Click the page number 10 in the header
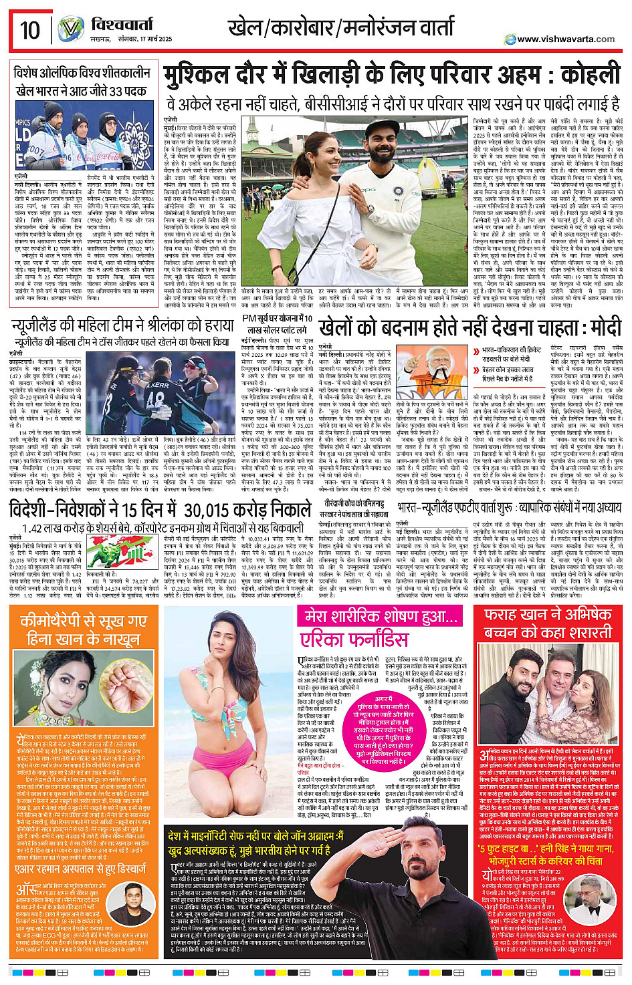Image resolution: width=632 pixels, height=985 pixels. point(30,30)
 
